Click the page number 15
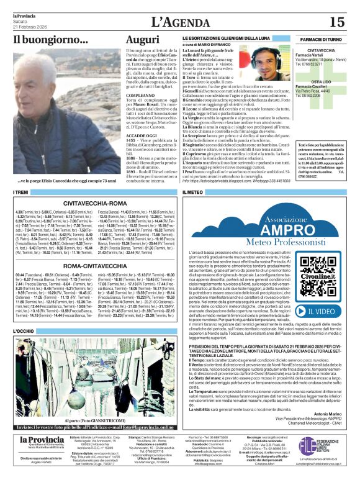click(336, 22)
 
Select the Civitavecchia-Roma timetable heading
click(95, 202)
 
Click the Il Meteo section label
click(193, 193)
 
